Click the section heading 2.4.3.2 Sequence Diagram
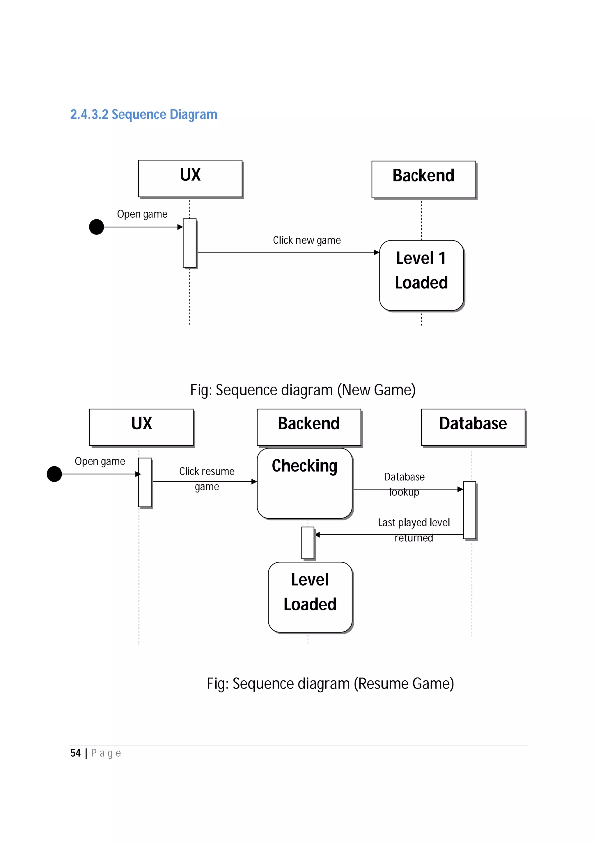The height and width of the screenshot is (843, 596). [x=143, y=115]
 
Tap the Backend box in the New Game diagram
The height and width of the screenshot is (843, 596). [x=423, y=179]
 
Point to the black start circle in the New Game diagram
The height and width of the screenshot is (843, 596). [x=97, y=227]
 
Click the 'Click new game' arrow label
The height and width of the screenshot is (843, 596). [x=307, y=240]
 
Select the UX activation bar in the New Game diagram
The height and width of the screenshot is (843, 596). [x=189, y=243]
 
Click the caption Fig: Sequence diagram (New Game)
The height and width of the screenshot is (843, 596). [x=303, y=390]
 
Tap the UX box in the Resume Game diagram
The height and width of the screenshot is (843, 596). [x=141, y=427]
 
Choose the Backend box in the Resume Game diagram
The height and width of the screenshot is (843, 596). [x=308, y=427]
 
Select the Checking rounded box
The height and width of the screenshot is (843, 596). [x=304, y=483]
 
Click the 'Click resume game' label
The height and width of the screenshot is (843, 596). [x=207, y=479]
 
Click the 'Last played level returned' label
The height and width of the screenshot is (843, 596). [x=414, y=529]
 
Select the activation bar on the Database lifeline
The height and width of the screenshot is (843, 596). [x=469, y=510]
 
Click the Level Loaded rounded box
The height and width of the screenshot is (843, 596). [x=310, y=597]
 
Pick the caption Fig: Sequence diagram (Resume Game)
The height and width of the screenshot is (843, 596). [x=330, y=684]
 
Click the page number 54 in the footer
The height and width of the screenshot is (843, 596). [x=75, y=753]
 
